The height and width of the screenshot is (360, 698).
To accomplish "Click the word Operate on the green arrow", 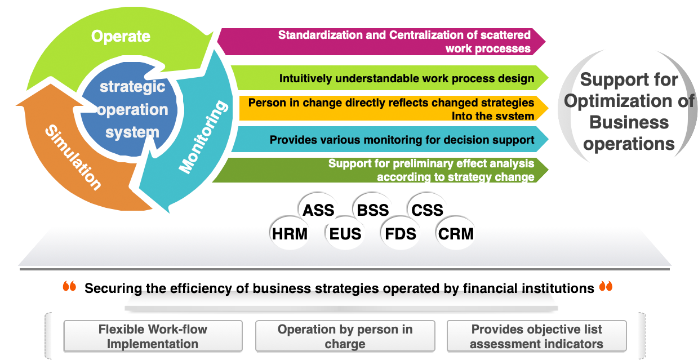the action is (121, 37).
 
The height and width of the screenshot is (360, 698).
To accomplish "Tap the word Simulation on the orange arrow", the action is (74, 157).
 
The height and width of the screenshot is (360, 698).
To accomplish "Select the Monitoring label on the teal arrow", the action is (203, 137).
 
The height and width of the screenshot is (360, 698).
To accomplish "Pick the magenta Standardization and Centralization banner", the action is (381, 42).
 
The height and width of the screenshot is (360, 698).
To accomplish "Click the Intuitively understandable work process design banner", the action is (389, 78).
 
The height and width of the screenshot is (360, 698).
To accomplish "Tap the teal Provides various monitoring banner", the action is (389, 139).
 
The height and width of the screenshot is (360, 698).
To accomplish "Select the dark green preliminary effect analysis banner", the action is (380, 170).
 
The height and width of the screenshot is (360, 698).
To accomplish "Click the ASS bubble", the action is (318, 210).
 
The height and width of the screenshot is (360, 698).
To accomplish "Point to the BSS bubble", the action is (373, 210).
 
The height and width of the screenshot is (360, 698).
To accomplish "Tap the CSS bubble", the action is (427, 210).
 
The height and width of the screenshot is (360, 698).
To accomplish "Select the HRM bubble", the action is (290, 233).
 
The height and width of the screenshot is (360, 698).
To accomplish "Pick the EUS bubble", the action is (345, 233).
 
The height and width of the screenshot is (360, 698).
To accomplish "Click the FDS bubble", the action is (401, 233).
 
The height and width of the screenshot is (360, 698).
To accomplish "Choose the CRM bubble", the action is (456, 233).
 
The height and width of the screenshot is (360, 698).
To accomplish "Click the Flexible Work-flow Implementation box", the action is (153, 336).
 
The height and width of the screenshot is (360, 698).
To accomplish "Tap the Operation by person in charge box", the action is (345, 336).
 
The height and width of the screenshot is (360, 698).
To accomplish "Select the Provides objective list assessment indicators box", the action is (536, 336).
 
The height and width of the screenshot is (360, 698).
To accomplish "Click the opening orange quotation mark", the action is (69, 286).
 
